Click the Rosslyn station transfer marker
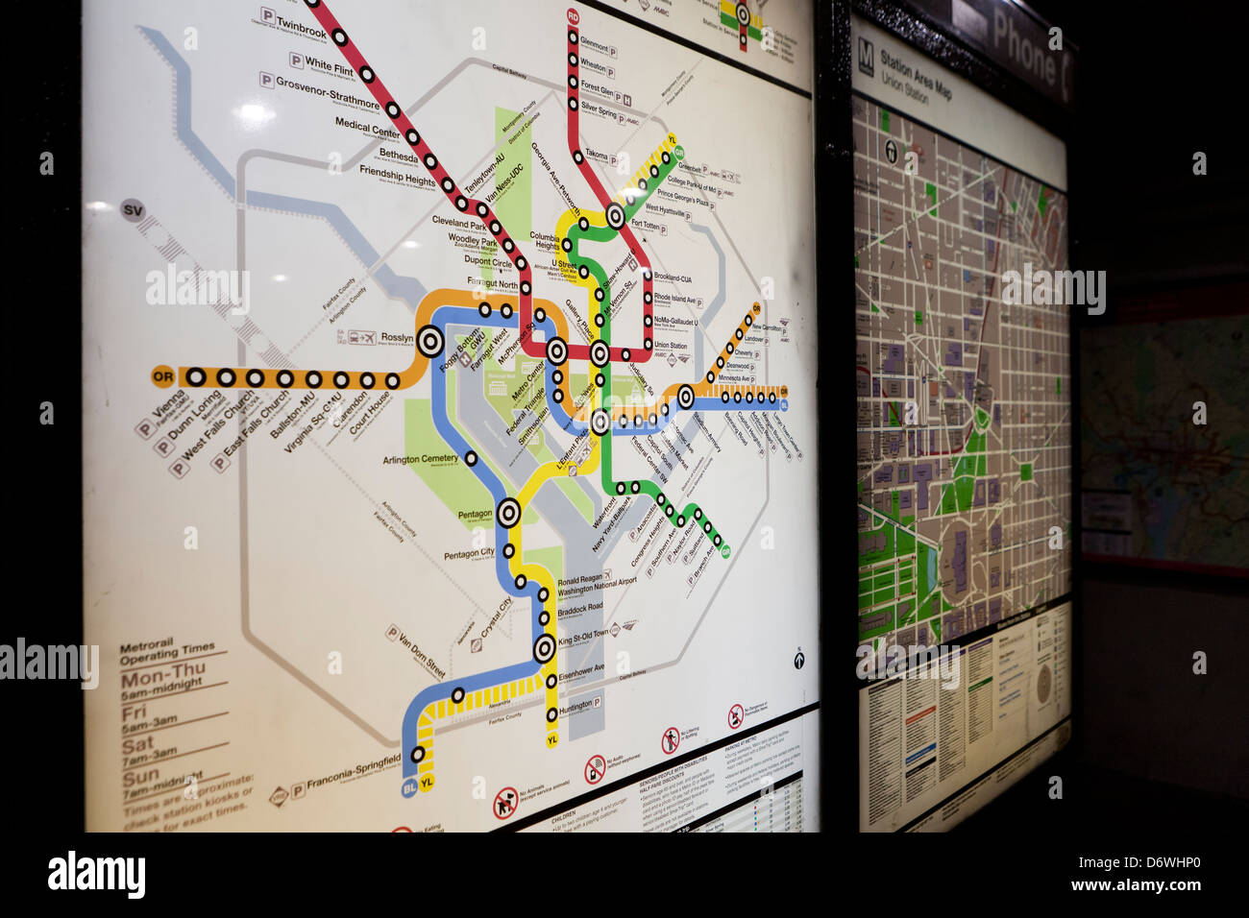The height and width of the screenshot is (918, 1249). tap(429, 340)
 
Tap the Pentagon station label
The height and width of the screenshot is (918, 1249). tap(475, 515)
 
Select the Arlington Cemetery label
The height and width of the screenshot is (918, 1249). tap(421, 459)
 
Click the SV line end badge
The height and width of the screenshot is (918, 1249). tap(134, 209)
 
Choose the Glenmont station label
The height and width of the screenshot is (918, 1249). tap(594, 44)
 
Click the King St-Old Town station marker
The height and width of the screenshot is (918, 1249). tap(545, 648)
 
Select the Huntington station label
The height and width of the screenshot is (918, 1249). tap(575, 706)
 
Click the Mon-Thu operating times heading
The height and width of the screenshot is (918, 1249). tap(161, 677)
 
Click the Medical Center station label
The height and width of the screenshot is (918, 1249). tap(367, 124)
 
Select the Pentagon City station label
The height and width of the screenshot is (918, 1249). tap(469, 554)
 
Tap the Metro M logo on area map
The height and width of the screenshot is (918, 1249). tap(866, 53)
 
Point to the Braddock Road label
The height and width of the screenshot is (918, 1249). tap(580, 608)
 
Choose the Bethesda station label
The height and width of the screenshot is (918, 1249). tap(398, 154)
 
